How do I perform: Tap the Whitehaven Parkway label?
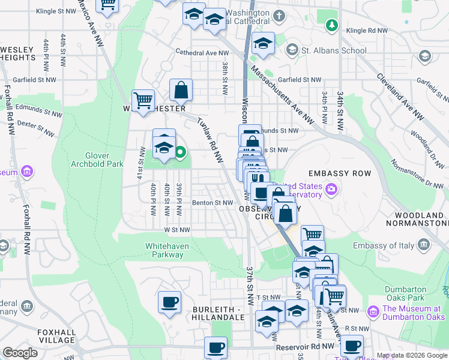(x=164, y=250)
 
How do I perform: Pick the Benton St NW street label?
(x=212, y=203)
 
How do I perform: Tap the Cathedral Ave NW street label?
(x=199, y=52)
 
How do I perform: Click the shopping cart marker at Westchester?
(x=143, y=100)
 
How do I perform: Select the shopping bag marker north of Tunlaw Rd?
(x=181, y=90)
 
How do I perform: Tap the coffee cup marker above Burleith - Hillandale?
(x=169, y=302)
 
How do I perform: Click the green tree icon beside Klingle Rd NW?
(x=330, y=25)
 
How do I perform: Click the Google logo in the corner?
(x=20, y=353)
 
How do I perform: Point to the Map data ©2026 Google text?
(x=411, y=355)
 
